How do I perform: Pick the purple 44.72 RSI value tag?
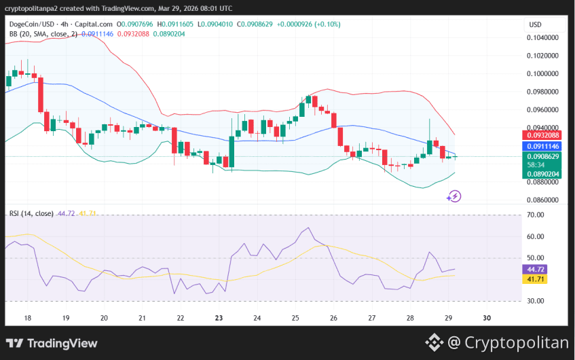537,269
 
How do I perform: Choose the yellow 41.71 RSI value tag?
537,279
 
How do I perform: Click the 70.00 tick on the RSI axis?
536,215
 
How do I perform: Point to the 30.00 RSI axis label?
536,301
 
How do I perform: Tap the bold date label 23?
219,318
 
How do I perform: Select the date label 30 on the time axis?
487,318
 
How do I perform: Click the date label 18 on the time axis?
28,318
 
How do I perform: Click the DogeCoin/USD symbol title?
35,24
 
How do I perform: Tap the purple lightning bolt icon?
454,196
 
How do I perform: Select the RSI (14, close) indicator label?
31,213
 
